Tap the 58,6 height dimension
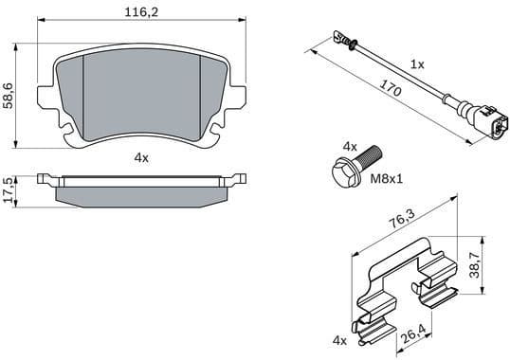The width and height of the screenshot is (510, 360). coord(9,95)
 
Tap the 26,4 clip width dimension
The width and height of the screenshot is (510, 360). coord(410,333)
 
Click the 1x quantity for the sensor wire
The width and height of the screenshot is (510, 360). coord(416,64)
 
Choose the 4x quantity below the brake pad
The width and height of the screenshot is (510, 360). coord(141,158)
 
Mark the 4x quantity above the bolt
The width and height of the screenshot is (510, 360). coord(349,147)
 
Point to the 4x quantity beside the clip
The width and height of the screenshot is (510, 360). coord(339,339)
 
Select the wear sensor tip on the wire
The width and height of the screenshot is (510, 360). coord(339,39)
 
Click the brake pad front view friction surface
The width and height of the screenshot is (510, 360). coord(141,95)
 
